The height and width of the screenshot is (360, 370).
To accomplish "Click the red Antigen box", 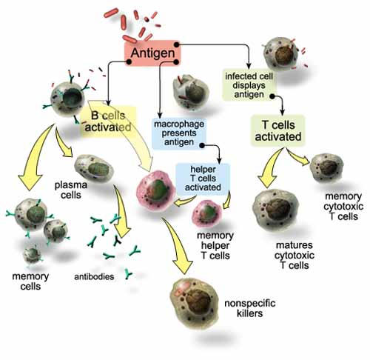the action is click(x=152, y=53).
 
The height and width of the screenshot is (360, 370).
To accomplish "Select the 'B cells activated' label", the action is click(x=108, y=121).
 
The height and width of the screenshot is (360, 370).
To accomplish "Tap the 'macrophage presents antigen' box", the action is click(x=179, y=133).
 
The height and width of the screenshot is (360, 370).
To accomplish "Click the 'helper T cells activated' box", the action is click(x=203, y=179).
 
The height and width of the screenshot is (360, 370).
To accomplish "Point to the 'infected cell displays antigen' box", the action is click(x=249, y=85).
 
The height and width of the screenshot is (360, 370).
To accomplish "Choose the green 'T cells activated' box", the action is click(x=278, y=131).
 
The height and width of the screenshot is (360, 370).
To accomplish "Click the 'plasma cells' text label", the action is click(x=71, y=190).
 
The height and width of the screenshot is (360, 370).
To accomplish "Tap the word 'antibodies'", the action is click(x=94, y=276).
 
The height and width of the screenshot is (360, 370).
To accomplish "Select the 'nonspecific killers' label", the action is click(x=250, y=308).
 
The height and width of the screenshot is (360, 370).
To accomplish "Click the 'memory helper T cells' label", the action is click(x=215, y=245).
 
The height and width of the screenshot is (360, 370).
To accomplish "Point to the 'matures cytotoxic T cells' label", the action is click(x=295, y=256).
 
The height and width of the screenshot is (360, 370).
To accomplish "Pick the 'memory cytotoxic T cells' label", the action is click(x=343, y=207).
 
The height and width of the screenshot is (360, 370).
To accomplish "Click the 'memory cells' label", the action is click(x=30, y=281).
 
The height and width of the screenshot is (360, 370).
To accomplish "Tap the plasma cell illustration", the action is click(x=94, y=168).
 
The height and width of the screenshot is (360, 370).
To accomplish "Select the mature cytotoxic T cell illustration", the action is click(x=276, y=209).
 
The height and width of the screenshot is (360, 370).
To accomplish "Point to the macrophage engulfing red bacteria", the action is click(x=191, y=92).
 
